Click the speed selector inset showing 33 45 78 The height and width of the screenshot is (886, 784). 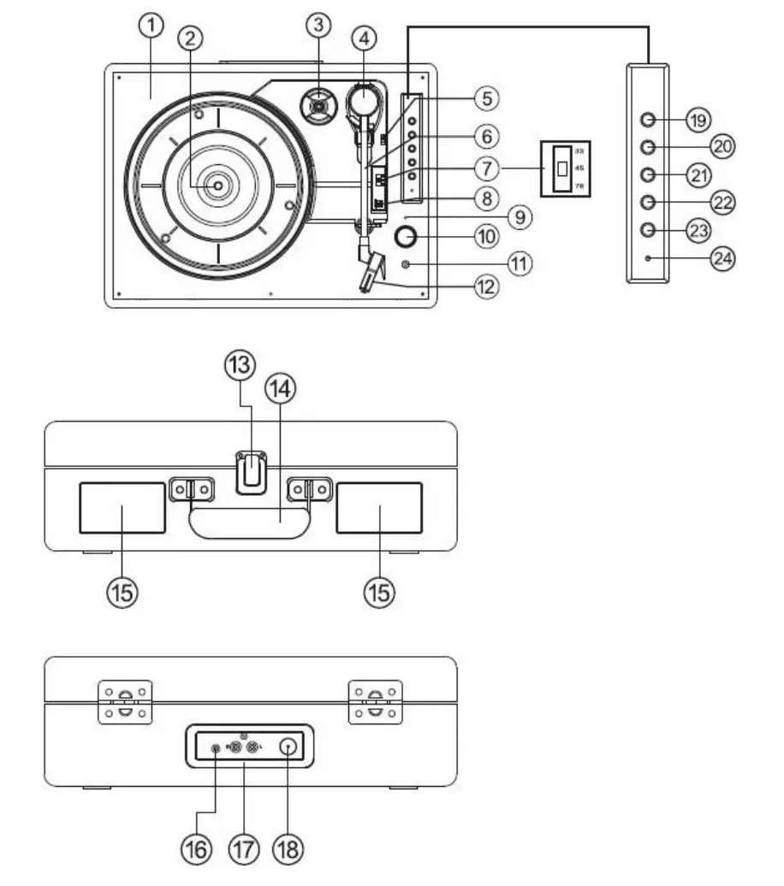point(562,168)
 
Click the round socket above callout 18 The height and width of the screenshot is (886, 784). point(288,747)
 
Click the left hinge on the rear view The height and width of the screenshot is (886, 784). point(125,701)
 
